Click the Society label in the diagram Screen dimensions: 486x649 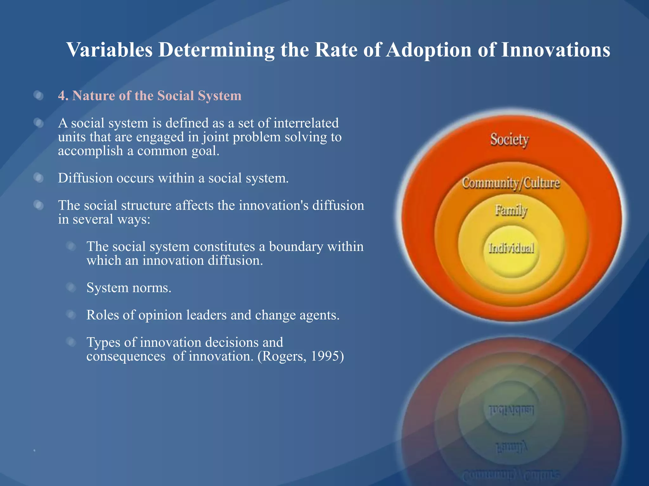pos(509,140)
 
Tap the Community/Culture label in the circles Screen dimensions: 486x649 pos(511,183)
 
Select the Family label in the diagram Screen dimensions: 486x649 pos(511,210)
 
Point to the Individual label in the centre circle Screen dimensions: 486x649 pos(511,248)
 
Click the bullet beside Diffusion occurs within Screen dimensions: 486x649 pos(39,178)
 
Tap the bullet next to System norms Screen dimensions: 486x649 pos(71,288)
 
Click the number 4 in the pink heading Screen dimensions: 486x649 pos(62,96)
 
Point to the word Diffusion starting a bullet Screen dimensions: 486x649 pos(85,178)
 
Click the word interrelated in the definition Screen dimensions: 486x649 pos(306,123)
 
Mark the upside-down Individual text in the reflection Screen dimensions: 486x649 pos(511,410)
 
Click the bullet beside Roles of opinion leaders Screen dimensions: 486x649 pos(71,315)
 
